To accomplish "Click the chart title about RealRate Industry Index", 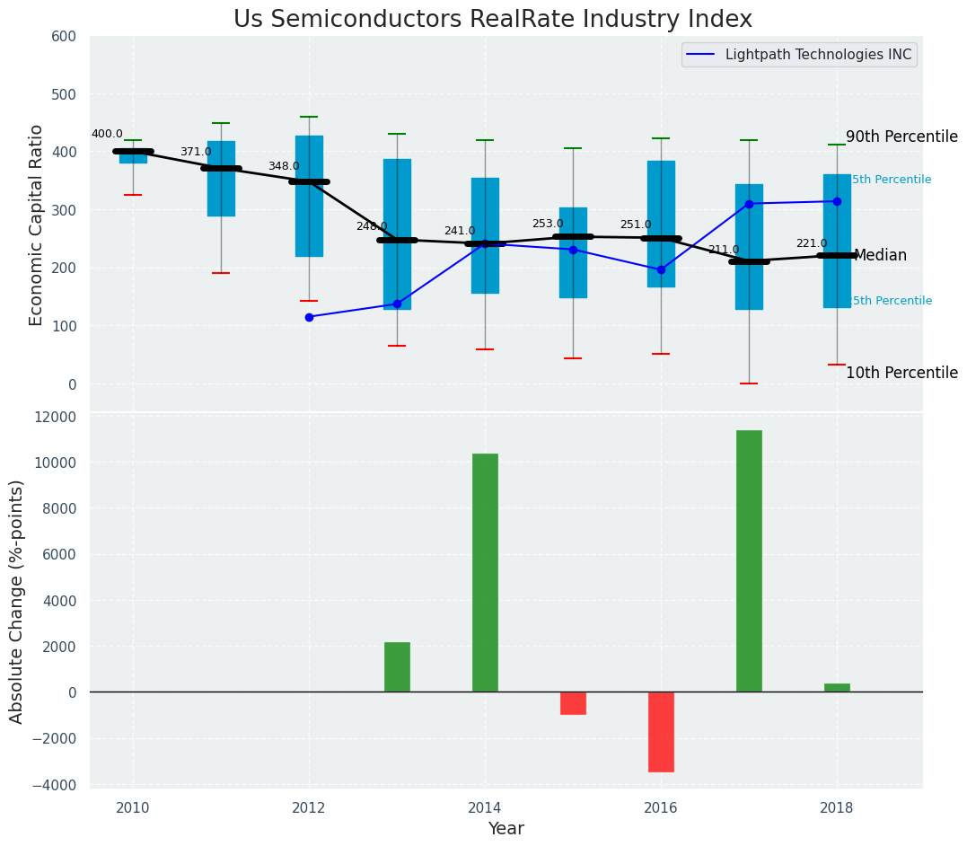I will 492,19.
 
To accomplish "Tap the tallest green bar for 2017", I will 749,560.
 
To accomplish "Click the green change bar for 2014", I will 485,572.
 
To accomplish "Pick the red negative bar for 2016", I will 661,731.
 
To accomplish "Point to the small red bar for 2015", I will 573,703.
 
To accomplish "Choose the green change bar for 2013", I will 397,666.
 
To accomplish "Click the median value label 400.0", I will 107,134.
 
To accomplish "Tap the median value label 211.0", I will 724,250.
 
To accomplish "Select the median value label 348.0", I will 284,166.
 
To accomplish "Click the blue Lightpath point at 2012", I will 309,317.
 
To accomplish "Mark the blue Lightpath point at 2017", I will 749,204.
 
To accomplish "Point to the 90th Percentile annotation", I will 901,137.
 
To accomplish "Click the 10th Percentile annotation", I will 901,373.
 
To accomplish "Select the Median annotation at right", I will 880,256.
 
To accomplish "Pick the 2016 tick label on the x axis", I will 661,806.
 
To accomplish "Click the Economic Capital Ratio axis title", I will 37,225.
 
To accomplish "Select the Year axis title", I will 505,829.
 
